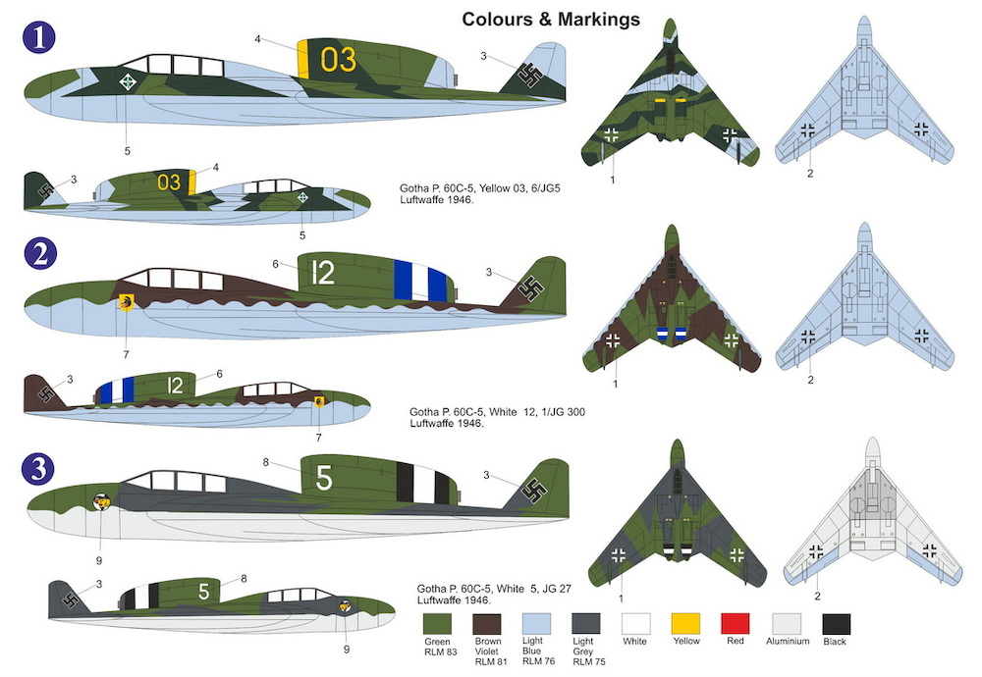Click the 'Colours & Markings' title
[551, 20]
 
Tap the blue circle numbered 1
[39, 37]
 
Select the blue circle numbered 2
[40, 254]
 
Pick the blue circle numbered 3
[37, 469]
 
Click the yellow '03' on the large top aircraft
[338, 60]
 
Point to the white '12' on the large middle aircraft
[323, 273]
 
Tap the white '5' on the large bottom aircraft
[324, 478]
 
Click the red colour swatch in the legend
[736, 624]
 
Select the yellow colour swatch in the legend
[685, 624]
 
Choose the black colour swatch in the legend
[836, 624]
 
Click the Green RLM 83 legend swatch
[437, 624]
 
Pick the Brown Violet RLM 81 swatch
[487, 624]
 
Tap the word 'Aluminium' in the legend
[788, 642]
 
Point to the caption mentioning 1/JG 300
[497, 417]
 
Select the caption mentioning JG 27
[494, 595]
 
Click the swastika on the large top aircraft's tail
[531, 76]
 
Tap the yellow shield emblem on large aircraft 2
[126, 303]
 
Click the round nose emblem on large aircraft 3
[101, 501]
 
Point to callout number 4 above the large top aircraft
[257, 39]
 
